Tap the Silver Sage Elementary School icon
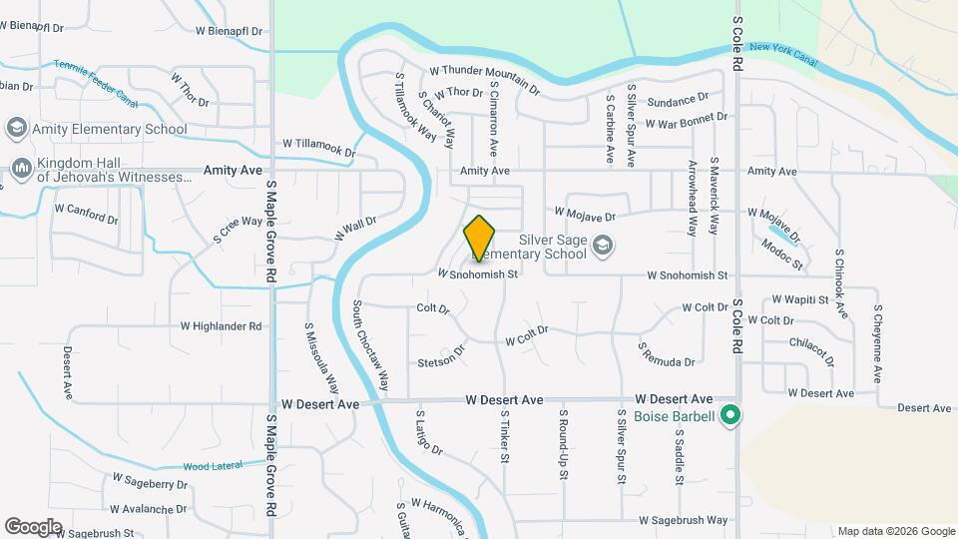pos(602,245)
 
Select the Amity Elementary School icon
pos(16,128)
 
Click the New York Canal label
pos(783,54)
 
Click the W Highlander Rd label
pos(221,326)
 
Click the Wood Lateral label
pos(211,466)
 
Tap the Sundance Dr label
pos(677,102)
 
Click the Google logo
pos(33,526)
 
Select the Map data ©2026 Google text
pos(895,531)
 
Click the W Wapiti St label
pos(799,299)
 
